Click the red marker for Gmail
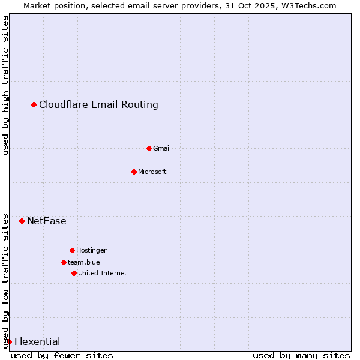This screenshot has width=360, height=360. [149, 148]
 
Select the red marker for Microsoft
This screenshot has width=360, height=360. [134, 172]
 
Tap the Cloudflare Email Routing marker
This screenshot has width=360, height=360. [34, 105]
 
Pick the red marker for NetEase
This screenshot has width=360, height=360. [22, 221]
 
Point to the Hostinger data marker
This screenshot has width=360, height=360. [72, 250]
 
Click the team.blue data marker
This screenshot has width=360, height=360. [64, 262]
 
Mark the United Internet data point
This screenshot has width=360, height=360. [74, 273]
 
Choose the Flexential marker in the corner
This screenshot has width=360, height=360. [9, 342]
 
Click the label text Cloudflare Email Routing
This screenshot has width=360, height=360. [98, 105]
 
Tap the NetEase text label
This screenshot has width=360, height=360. [47, 221]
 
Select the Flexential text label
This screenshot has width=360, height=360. [37, 342]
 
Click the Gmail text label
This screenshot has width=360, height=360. [162, 148]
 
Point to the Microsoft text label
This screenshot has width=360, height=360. [152, 172]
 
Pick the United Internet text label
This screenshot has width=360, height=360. [103, 273]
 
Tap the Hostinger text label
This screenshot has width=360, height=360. [91, 250]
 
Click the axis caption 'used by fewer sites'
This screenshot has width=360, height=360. [62, 356]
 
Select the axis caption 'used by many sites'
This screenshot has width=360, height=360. [301, 356]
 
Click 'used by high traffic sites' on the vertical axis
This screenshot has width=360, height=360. [5, 86]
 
